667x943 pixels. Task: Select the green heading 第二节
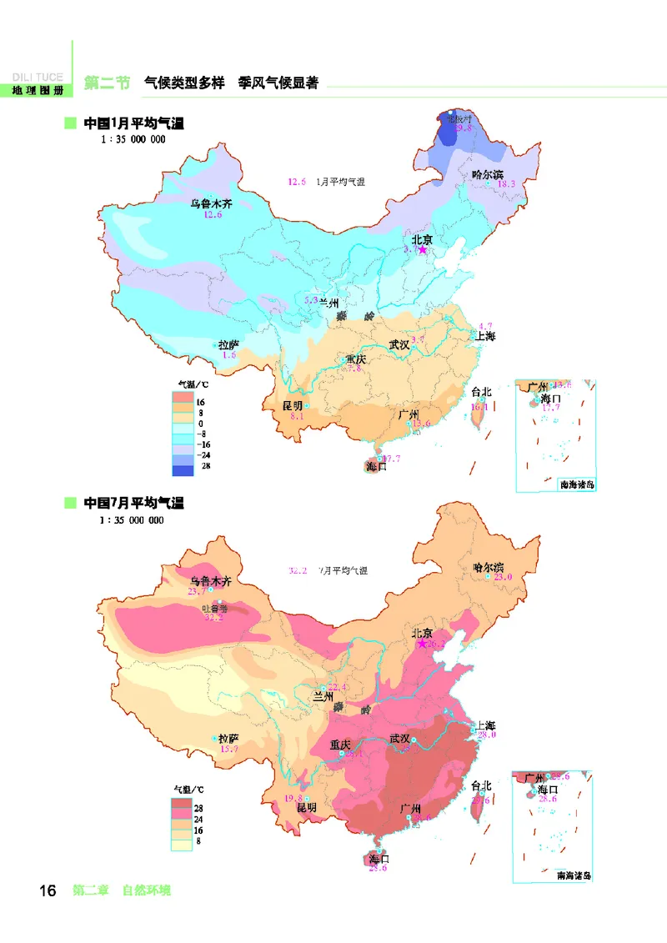(108, 83)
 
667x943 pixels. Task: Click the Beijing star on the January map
(423, 249)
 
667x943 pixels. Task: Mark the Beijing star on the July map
(423, 644)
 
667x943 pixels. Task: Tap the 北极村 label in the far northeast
(459, 119)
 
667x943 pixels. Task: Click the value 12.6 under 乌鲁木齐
(213, 215)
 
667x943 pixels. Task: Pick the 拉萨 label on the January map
(228, 344)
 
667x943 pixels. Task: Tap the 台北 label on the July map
(481, 785)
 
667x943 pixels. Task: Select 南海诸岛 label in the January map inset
(576, 484)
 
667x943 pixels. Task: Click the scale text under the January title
(132, 140)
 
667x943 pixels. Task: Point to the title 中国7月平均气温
(133, 503)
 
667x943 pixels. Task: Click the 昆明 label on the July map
(307, 807)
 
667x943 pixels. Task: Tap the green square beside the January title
(71, 123)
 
